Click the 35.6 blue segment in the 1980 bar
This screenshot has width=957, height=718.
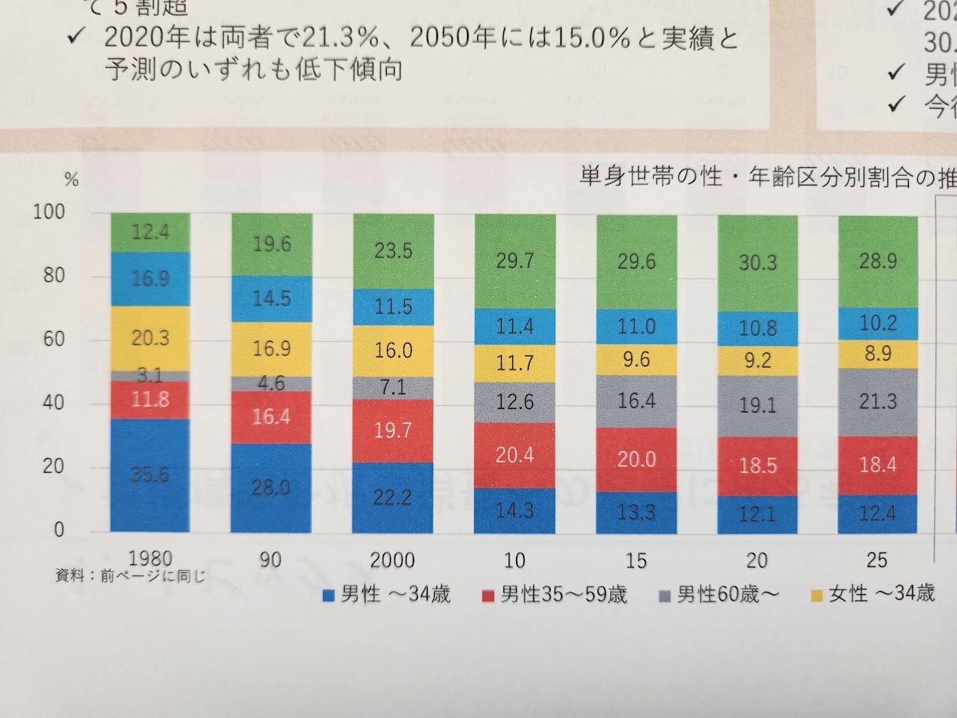coord(150,475)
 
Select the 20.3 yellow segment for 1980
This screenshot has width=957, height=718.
coord(150,338)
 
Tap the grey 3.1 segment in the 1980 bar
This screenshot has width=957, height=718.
coord(150,376)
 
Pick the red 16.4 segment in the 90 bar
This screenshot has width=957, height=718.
coord(271,417)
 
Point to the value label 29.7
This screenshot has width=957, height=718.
coord(514,262)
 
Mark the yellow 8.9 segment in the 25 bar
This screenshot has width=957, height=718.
coord(877,354)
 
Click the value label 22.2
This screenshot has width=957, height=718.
coord(392,497)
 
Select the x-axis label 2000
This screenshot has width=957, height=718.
coord(392,560)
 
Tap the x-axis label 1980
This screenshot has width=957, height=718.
coord(150,560)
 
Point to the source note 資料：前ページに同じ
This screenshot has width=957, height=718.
coord(130,576)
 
